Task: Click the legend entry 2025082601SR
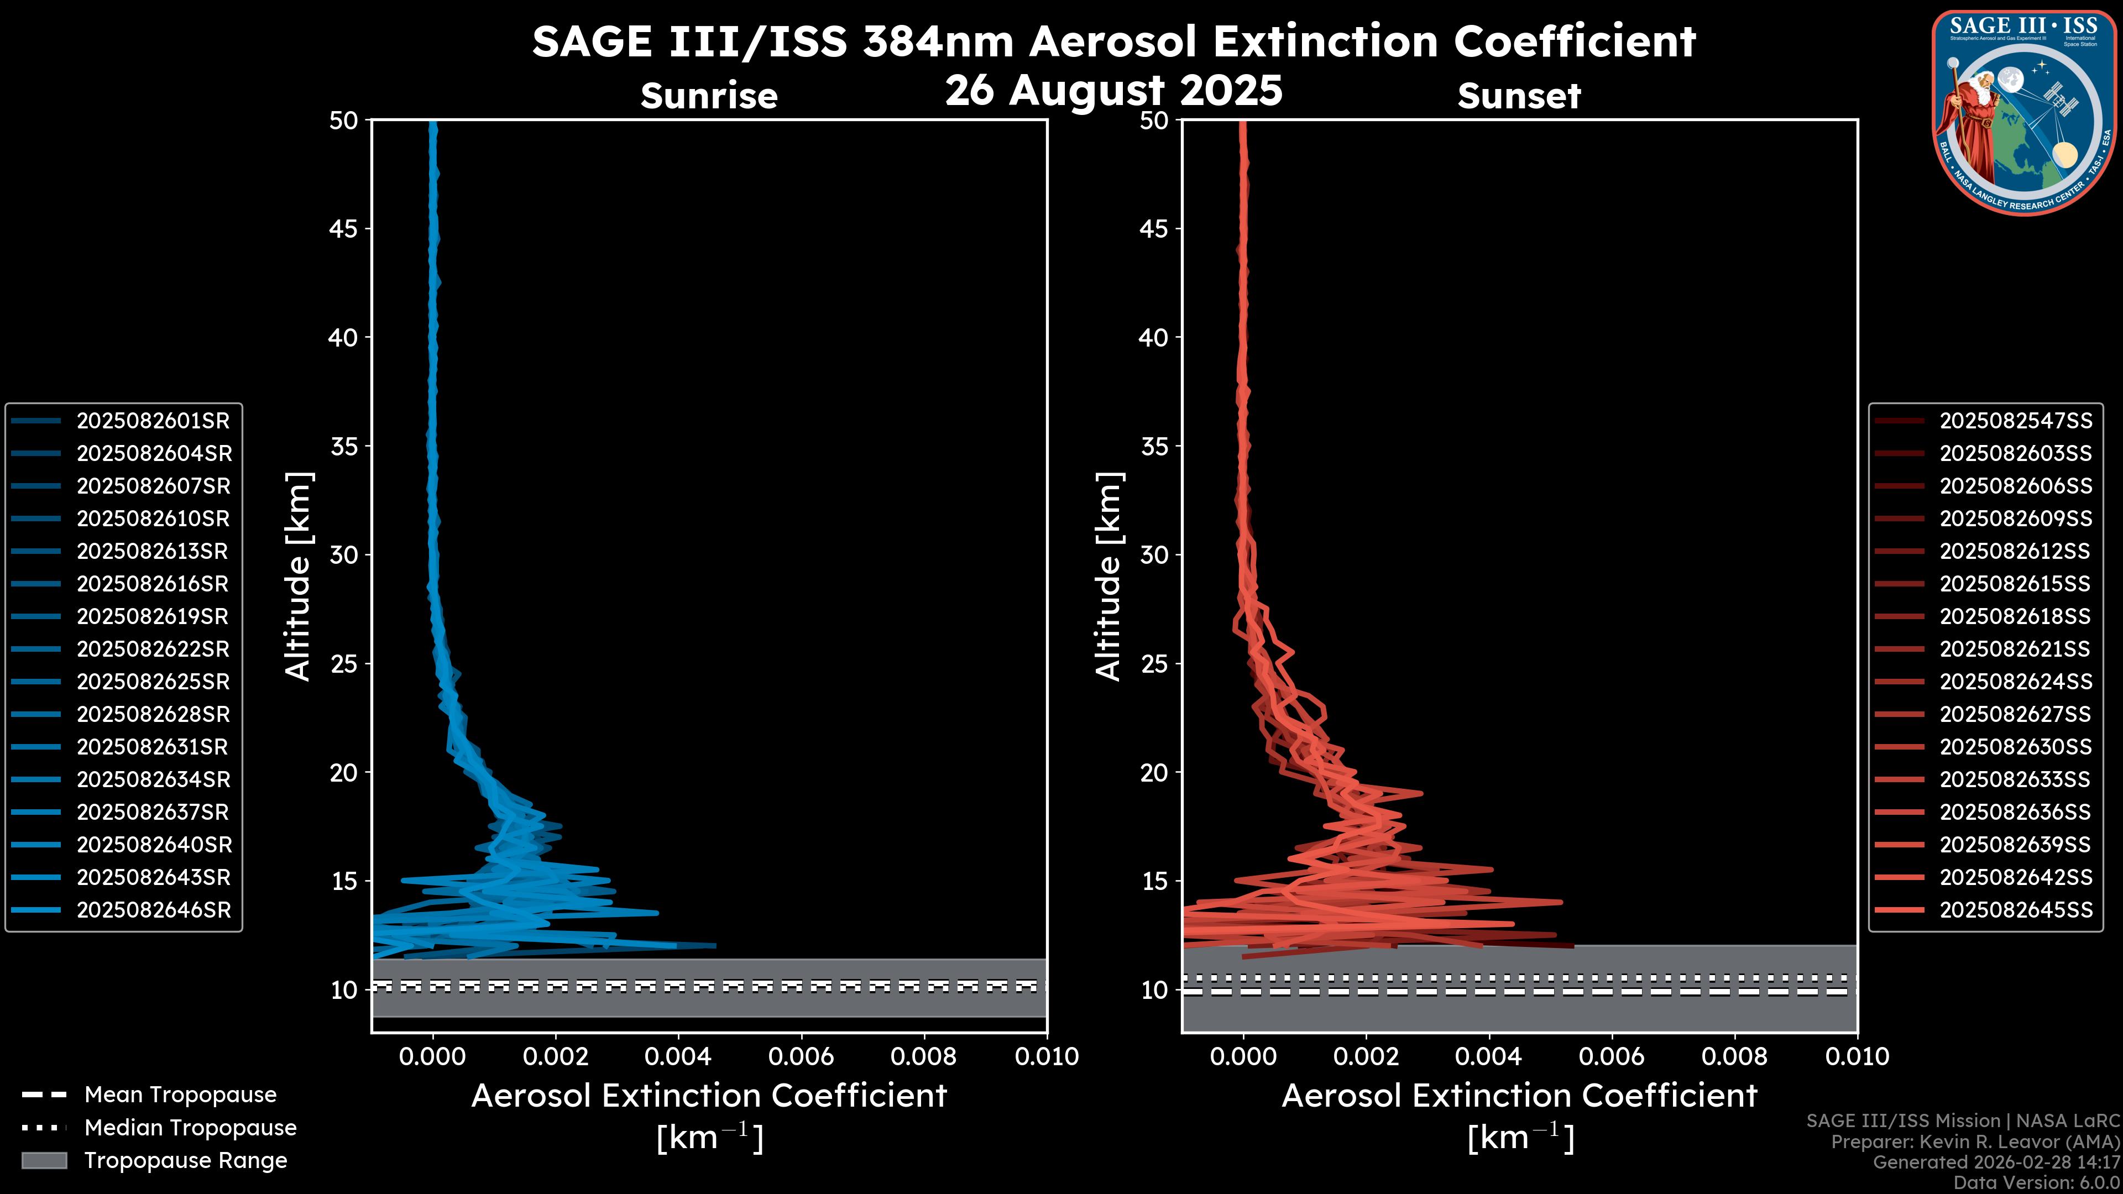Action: (153, 421)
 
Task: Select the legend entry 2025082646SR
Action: (153, 910)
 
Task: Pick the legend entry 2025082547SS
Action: (2015, 421)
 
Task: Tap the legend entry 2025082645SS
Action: (2015, 910)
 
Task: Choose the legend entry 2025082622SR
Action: (153, 650)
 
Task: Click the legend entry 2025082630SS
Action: (2015, 747)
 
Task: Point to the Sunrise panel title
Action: (709, 96)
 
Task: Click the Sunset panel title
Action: (1519, 96)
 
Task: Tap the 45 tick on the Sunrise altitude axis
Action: (344, 229)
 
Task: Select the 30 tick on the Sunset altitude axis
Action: (1154, 556)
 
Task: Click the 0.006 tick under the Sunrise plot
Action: (801, 1056)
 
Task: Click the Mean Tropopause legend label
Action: (180, 1095)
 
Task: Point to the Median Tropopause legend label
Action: (190, 1128)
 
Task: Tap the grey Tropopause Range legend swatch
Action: (44, 1161)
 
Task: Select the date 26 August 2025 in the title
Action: (1113, 91)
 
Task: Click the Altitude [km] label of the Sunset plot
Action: (1108, 577)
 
